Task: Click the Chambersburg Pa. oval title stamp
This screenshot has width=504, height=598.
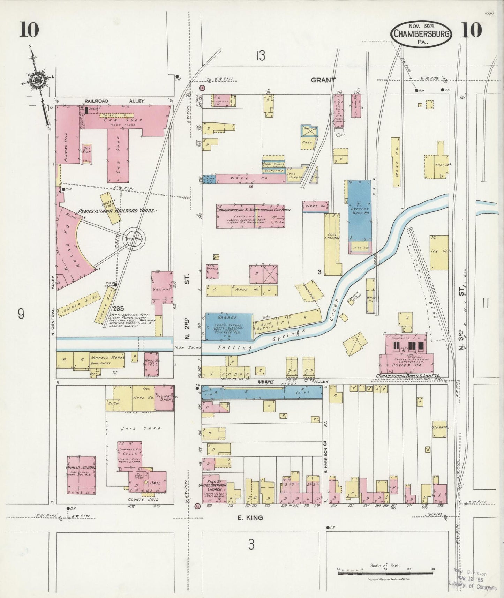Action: (x=421, y=34)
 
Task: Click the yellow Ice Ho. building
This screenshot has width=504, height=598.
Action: (x=439, y=252)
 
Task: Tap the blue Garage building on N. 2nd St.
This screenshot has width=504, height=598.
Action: (x=229, y=327)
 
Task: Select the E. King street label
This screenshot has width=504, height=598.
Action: (x=250, y=518)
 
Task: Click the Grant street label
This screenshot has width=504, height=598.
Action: (x=323, y=80)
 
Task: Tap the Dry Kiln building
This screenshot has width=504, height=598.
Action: (x=86, y=154)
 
